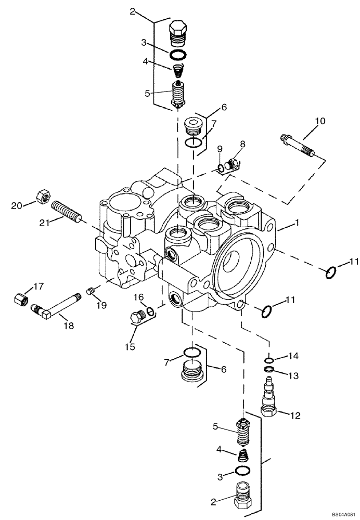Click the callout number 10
(319, 121)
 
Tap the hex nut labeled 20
(43, 197)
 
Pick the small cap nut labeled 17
(20, 300)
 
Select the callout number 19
(100, 305)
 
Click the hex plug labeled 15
(137, 315)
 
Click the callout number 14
(294, 356)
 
